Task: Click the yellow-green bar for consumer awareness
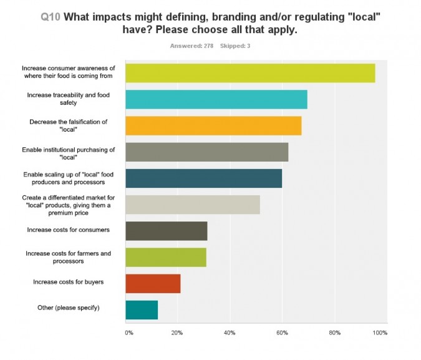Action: point(250,73)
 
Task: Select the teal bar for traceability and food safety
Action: point(216,99)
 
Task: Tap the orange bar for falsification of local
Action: point(213,125)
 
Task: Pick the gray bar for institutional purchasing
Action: point(207,152)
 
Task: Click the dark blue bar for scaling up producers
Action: point(204,178)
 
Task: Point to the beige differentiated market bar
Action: point(193,205)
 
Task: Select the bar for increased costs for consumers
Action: point(167,231)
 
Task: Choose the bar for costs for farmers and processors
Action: point(166,257)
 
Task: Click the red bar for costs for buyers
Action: point(153,283)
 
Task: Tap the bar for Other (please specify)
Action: point(142,309)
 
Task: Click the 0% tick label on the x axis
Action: point(129,333)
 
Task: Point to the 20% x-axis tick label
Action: point(178,333)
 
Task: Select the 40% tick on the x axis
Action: point(230,333)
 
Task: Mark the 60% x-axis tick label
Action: point(282,333)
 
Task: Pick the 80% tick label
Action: point(334,333)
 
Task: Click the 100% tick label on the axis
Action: point(380,333)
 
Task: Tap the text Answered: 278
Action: point(192,46)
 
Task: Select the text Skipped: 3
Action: point(235,46)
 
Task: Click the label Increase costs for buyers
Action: point(68,282)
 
